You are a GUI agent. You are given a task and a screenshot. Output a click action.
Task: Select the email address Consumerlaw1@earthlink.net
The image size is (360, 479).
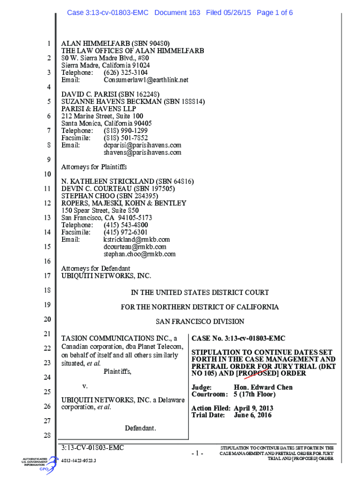pos(146,80)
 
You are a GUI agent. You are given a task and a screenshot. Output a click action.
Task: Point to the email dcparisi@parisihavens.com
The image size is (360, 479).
pos(142,145)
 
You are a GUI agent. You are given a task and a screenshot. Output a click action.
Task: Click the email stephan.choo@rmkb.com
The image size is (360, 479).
pos(139,254)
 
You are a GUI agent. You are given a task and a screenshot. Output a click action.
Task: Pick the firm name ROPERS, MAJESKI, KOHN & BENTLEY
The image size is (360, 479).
pos(124,203)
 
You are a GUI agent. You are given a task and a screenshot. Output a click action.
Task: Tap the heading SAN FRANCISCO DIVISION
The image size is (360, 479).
pos(200,321)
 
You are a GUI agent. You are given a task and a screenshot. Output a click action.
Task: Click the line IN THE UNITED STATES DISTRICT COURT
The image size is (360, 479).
pos(200,292)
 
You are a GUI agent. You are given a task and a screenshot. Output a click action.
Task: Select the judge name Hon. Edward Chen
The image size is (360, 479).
pos(263,387)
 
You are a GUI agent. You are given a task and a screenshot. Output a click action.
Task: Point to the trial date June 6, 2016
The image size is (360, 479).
pos(252,415)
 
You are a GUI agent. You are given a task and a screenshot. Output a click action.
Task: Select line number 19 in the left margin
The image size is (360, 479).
pos(47,305)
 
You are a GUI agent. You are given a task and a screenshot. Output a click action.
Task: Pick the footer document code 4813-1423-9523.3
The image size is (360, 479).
pos(79,461)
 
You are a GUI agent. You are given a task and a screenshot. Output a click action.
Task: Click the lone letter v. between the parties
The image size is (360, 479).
pos(85,386)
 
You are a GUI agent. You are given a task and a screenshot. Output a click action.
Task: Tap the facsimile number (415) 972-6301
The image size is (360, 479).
pos(125,232)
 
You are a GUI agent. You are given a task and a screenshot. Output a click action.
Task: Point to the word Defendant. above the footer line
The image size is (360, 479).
pos(140,428)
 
